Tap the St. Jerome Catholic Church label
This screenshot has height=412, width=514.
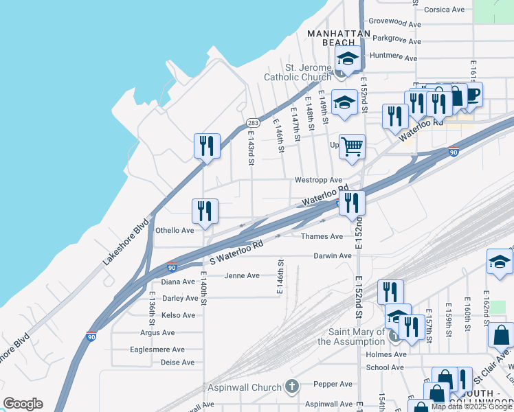coord(298,72)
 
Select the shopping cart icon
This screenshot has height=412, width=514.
coord(352,146)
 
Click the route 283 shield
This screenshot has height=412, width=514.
coord(252,122)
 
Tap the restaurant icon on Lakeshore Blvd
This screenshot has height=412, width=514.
coord(207,146)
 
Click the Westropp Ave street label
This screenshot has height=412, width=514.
coord(318,180)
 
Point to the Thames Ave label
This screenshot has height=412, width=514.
coord(322,236)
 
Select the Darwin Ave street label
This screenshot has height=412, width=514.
coord(333,255)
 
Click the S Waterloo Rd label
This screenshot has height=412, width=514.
coord(236,253)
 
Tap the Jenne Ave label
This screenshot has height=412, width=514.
coord(242,275)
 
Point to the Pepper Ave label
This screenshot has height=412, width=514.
coord(333,384)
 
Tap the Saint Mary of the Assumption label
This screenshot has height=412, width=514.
coord(347,337)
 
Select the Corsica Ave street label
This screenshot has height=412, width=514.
coord(444,10)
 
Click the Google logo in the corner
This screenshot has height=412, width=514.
coord(23,404)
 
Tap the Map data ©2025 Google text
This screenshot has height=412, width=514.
coord(471,407)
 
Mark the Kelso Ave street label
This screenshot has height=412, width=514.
coord(178,315)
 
